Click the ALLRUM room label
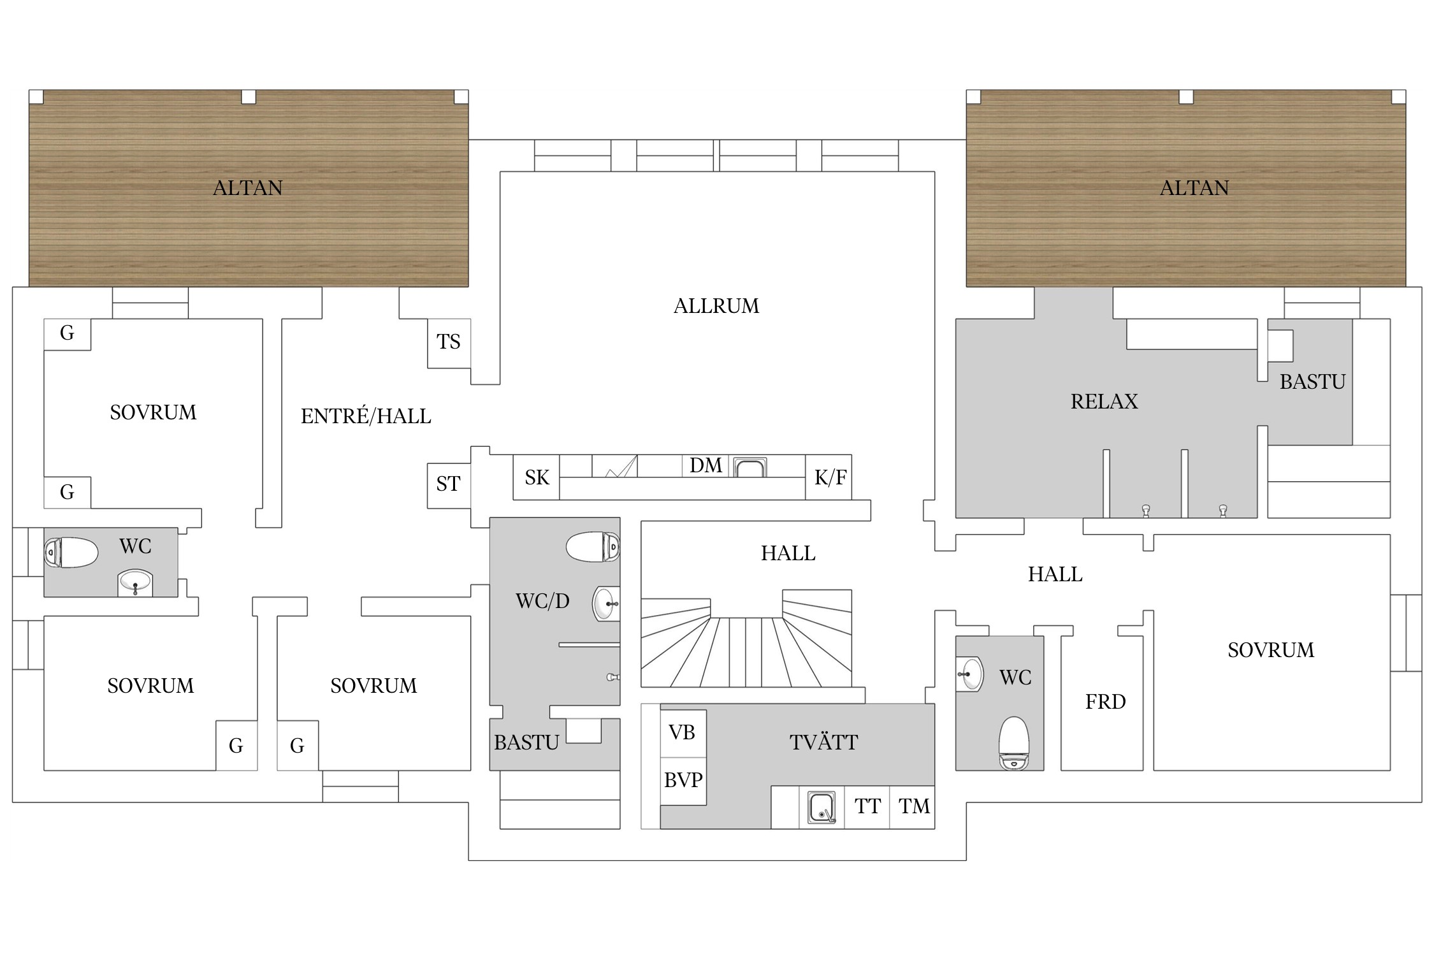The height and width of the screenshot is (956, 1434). pos(716,306)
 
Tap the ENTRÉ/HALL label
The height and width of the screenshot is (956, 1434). pos(366,416)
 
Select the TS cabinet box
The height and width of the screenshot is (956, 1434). pos(449,343)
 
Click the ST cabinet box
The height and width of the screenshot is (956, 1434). pos(449,485)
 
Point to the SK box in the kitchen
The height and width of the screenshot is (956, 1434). pos(537,477)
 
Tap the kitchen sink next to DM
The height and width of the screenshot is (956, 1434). pos(750,467)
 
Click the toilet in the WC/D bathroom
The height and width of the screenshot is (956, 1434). pos(593,546)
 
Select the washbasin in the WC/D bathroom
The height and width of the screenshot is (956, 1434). pos(606,604)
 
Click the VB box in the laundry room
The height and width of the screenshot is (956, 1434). pos(683,734)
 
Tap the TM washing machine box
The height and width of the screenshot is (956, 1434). pos(913,807)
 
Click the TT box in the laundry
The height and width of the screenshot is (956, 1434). pos(867,807)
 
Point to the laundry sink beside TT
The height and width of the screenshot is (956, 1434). pos(822,808)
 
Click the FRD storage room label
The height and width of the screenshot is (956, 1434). pos(1105,702)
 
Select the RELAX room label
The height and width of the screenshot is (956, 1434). pos(1104,402)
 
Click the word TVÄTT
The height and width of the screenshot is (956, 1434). pos(823,742)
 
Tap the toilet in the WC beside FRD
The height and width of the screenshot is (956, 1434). pos(1013,742)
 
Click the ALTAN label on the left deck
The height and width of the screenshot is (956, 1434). pos(247,188)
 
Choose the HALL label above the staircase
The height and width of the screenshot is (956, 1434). pos(788,553)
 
